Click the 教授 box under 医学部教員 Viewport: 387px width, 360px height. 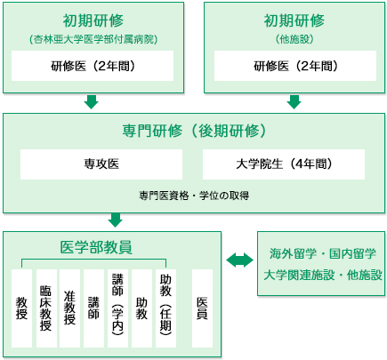[x=21, y=308]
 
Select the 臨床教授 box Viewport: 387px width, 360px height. [x=46, y=308]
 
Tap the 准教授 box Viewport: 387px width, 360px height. [x=69, y=308]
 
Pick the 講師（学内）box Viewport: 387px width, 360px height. [x=117, y=308]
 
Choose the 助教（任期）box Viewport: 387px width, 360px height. [x=165, y=308]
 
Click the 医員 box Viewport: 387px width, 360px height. [x=202, y=308]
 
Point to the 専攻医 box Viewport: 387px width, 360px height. [x=101, y=164]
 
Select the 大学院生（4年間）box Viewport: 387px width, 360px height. [x=284, y=164]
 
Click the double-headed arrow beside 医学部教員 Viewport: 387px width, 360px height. [x=239, y=260]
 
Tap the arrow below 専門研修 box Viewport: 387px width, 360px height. [x=116, y=220]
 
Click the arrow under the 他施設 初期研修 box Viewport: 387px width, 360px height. [x=294, y=102]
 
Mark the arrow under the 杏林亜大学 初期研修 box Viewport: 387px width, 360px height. [x=91, y=102]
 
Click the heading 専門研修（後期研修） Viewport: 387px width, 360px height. [x=194, y=131]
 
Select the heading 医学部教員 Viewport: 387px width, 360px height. [x=96, y=247]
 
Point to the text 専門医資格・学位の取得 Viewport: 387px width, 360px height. [x=194, y=196]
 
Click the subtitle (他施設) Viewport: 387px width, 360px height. [x=294, y=39]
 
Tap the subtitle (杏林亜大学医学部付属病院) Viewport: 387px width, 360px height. [x=93, y=39]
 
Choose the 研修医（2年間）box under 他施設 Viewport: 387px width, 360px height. [x=295, y=66]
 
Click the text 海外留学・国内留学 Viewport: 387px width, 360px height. [x=323, y=253]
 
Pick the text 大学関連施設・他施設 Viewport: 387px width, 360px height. [x=323, y=275]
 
